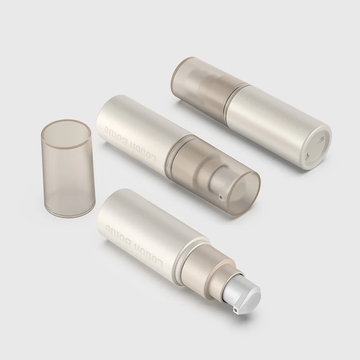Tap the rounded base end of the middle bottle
click(102, 120)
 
